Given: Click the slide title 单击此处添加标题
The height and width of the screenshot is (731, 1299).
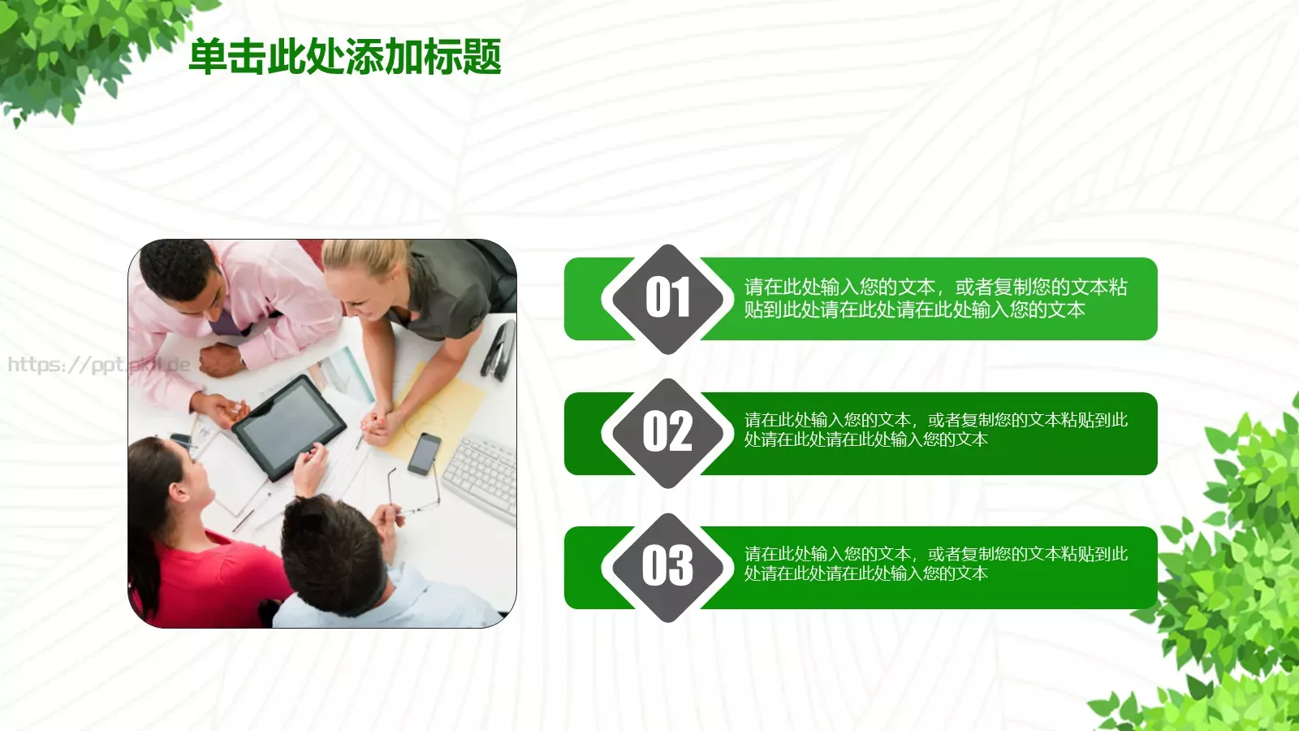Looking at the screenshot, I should coord(345,57).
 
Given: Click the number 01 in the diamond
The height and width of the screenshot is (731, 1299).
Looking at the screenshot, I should coord(667,298).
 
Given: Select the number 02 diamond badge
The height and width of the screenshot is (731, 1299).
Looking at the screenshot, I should coord(667,432).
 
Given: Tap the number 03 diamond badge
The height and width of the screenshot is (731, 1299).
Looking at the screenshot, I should coord(667,566).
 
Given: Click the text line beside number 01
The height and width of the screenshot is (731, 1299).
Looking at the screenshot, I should coord(935,298).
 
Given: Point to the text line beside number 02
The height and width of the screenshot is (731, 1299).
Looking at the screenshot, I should coord(935,430).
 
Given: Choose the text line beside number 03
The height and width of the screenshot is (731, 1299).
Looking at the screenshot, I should coord(935,564).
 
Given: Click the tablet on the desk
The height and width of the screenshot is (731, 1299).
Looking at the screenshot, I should coord(288,426).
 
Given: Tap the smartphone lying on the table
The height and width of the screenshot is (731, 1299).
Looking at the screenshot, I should coord(424,454).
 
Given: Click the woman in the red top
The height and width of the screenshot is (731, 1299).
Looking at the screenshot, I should coord(195,552).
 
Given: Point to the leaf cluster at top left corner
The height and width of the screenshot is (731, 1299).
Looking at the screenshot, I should coord(73,49).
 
